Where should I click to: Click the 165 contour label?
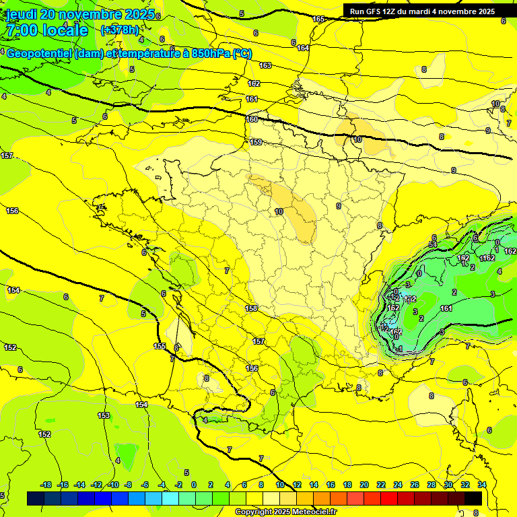pos(318,19)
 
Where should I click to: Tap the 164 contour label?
pos(303,48)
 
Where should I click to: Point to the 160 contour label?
pos(252,119)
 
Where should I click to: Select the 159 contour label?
pos(256,142)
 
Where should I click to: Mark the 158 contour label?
pos(251,308)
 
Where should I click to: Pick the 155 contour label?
pos(160,346)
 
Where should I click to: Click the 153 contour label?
pos(104,415)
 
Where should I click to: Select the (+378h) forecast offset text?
pos(120,30)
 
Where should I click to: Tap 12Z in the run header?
pos(396,11)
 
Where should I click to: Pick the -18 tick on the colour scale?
pos(46,485)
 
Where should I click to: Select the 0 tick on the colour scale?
pos(194,485)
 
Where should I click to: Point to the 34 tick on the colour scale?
pos(481,485)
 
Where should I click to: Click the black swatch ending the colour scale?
pos(473,498)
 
